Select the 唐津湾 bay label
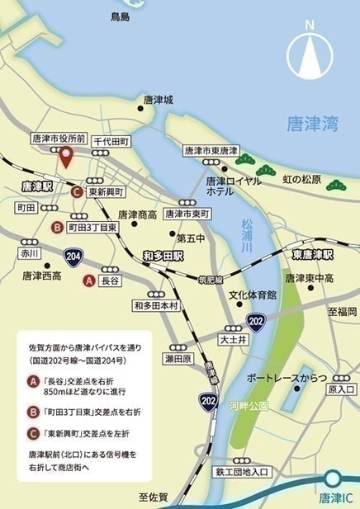[x=312, y=125]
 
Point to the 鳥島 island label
[x=121, y=16]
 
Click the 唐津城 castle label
[x=158, y=100]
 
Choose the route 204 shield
[x=74, y=256]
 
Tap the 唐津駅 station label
[x=37, y=187]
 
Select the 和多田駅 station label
[x=165, y=255]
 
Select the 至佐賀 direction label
[x=154, y=497]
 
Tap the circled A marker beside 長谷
[x=89, y=280]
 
